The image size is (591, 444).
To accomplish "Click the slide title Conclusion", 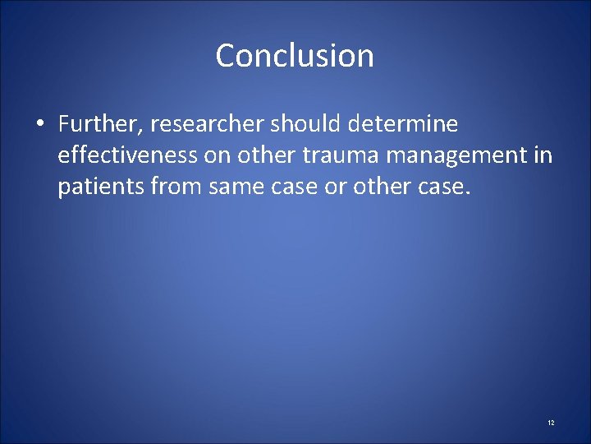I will (295, 56).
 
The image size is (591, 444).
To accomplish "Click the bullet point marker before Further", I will (39, 125).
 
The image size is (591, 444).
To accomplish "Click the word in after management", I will (543, 156).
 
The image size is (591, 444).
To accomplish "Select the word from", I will (179, 187).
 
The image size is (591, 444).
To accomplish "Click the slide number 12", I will (551, 422).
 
